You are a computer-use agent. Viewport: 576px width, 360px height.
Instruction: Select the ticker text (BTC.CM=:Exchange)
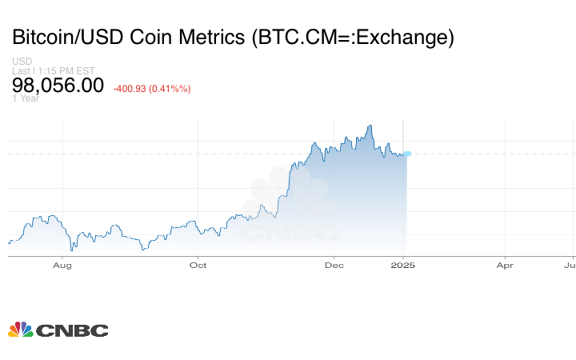click(x=352, y=38)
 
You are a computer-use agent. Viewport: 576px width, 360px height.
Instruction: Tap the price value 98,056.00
click(x=58, y=85)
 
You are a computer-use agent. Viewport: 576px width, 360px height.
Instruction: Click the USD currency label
click(x=22, y=62)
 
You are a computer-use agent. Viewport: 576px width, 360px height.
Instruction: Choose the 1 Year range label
click(x=26, y=98)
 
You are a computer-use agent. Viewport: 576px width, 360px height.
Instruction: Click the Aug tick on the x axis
click(x=62, y=265)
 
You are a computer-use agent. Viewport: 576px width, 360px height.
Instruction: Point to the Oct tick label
click(x=198, y=265)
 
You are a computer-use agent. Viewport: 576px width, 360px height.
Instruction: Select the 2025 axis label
click(x=403, y=265)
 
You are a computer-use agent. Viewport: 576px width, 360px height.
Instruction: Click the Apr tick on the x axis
click(x=505, y=265)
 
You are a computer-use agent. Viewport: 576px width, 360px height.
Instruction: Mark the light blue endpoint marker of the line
click(x=407, y=154)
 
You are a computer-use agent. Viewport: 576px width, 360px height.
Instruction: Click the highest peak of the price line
click(x=370, y=126)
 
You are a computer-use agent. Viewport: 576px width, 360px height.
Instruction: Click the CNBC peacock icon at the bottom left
click(x=20, y=330)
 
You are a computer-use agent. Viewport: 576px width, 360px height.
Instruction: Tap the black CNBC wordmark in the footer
click(x=72, y=330)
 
